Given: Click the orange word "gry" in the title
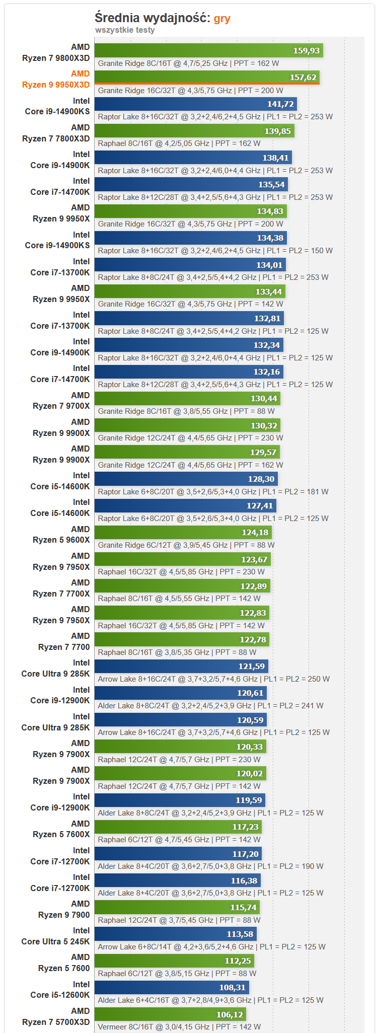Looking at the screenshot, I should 222,19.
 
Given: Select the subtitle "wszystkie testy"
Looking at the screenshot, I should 125,30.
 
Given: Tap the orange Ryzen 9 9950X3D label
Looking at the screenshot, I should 56,80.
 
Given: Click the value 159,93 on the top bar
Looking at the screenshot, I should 307,51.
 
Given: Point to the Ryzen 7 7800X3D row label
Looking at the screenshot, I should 56,133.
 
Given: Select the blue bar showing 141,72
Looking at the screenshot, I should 195,104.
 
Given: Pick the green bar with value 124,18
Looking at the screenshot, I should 183,533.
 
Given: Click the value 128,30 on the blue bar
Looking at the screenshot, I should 261,479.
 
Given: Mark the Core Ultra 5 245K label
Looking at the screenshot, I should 55,936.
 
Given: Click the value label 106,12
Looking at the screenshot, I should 230,1015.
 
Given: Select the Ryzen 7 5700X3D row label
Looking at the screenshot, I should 56,1017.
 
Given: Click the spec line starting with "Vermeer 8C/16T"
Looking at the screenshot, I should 179,1027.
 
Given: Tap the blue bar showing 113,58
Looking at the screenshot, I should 175,934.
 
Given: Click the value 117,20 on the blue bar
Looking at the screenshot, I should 245,854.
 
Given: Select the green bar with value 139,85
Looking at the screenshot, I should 194,131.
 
